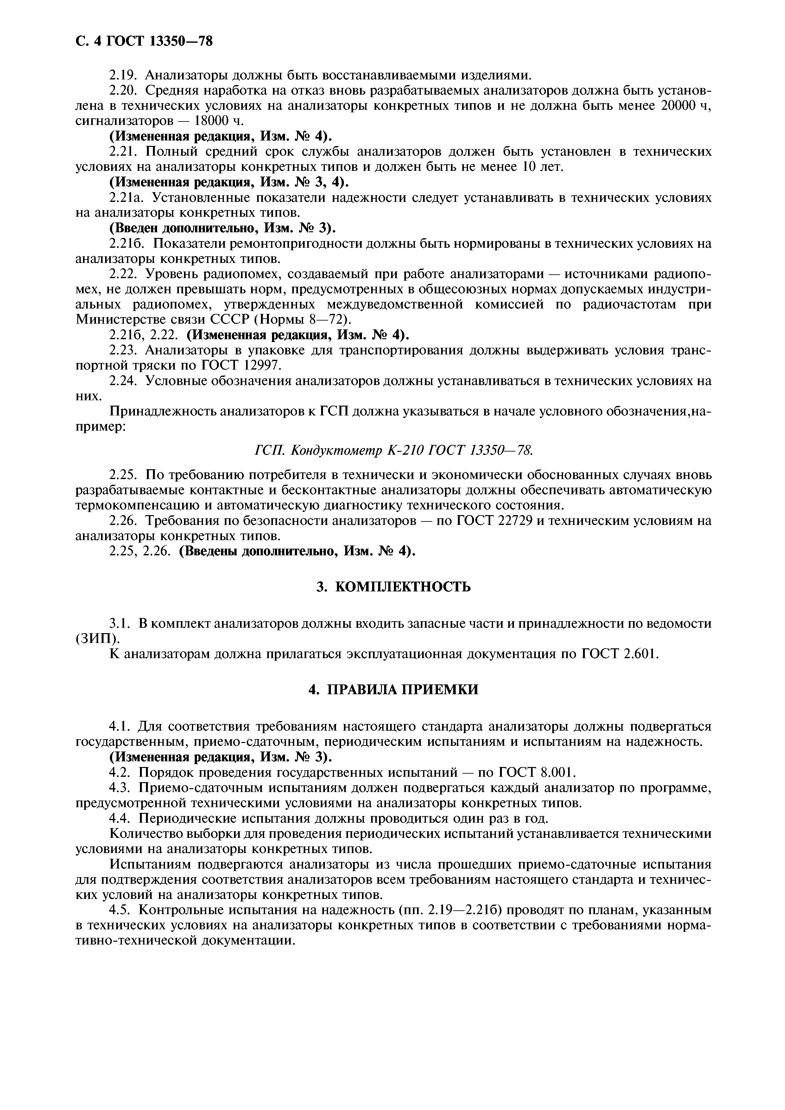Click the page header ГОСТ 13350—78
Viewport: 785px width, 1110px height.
(x=159, y=41)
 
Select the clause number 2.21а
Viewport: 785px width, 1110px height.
(x=124, y=198)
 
